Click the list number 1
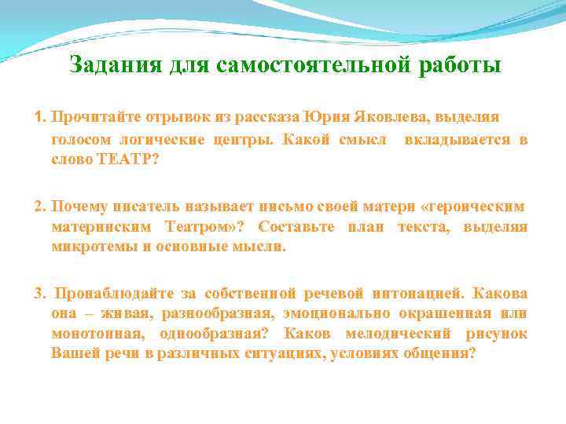tap(40, 117)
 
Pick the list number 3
tap(40, 294)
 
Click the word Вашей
tap(72, 353)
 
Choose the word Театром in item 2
tap(198, 227)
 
